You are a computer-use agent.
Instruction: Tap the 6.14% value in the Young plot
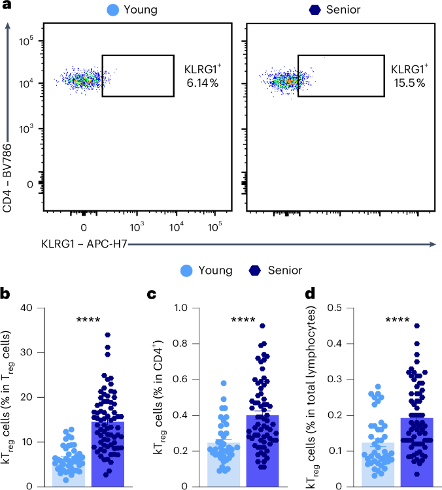point(195,83)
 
